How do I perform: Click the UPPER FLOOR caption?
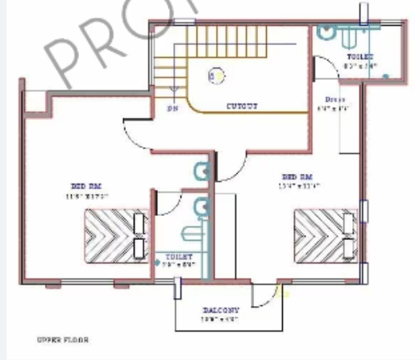click(62, 340)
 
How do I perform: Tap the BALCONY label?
click(220, 309)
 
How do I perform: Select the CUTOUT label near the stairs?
click(242, 106)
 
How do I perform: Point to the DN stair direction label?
click(172, 107)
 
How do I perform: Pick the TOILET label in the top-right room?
click(360, 57)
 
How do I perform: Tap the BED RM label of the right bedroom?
click(297, 176)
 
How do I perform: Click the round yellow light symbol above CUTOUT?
click(217, 75)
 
